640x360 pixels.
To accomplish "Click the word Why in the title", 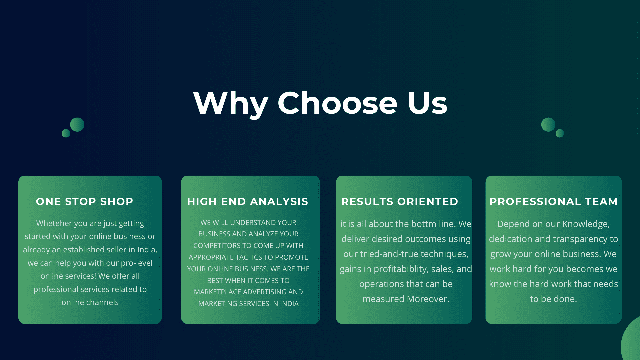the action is [x=231, y=103].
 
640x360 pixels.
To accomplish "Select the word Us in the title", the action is [x=427, y=103].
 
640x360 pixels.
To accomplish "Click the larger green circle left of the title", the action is [x=77, y=125].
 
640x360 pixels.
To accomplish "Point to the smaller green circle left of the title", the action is [x=66, y=133].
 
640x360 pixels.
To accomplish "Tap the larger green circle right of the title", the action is [x=548, y=125].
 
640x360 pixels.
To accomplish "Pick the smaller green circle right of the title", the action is [x=560, y=133].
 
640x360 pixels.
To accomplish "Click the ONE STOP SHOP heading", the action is [x=85, y=201].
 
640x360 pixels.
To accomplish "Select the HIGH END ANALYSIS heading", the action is [x=248, y=201].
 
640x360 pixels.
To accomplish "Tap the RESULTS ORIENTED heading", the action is [x=400, y=201].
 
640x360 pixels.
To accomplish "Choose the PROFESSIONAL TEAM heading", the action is [x=554, y=201].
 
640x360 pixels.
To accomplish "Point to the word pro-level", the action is [x=137, y=263].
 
